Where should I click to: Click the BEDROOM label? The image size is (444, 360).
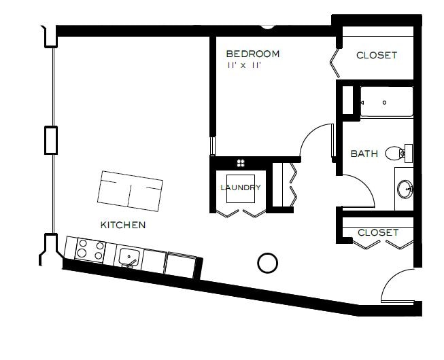(x=252, y=54)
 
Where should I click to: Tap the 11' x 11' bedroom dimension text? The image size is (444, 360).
(x=244, y=66)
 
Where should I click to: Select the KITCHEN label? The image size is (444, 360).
(x=122, y=225)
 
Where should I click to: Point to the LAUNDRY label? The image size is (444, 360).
(x=240, y=187)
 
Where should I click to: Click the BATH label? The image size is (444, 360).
(x=364, y=154)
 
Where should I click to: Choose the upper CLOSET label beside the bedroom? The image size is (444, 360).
(x=376, y=55)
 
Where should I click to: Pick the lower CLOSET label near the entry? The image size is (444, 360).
(x=377, y=232)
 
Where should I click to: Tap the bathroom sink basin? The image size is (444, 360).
(x=404, y=188)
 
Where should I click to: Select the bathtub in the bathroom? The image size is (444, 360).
(x=385, y=103)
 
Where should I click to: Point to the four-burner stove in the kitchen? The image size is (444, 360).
(x=90, y=250)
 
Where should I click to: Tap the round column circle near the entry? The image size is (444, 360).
(x=268, y=262)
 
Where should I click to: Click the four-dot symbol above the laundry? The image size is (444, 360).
(x=241, y=162)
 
